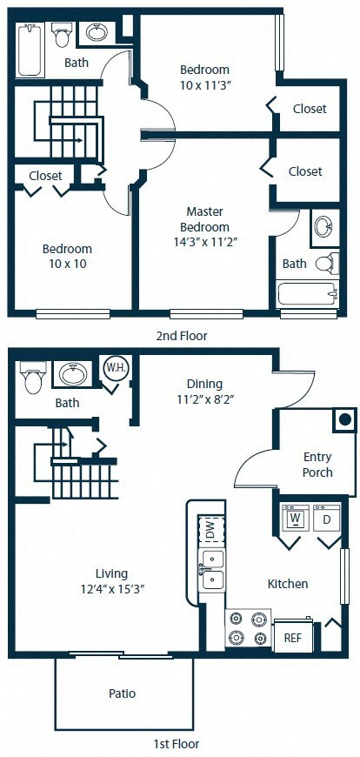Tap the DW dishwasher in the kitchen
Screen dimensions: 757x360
point(209,530)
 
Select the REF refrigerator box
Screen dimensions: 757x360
point(291,636)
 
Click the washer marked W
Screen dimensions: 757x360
point(295,519)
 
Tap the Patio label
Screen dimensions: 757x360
point(123,694)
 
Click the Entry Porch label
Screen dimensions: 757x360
point(317,465)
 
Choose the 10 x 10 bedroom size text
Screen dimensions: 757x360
point(67,264)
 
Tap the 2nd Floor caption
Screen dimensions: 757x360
point(180,335)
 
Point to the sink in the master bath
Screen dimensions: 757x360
point(323,226)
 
